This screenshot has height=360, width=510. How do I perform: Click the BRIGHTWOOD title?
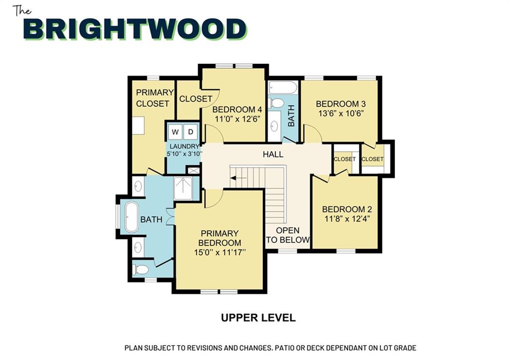tap(135, 29)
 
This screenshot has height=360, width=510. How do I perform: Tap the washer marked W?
tap(175, 132)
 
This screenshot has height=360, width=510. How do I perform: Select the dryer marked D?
tap(191, 132)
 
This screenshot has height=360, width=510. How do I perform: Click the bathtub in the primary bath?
tap(131, 217)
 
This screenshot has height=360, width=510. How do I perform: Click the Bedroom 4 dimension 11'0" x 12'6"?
tap(238, 119)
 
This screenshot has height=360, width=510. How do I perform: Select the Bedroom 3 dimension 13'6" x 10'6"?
tap(341, 114)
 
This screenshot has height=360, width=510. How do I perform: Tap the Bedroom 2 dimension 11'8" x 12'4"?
tap(347, 219)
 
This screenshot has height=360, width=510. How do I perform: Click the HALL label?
tap(273, 154)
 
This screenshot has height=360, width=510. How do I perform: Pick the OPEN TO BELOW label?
tap(287, 235)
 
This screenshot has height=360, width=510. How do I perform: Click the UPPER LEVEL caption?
tap(258, 318)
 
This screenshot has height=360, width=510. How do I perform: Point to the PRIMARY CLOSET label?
tap(154, 98)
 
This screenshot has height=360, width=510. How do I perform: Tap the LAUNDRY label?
tap(184, 146)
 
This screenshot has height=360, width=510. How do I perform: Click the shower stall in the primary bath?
tap(183, 188)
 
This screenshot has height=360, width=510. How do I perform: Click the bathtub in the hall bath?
tap(283, 88)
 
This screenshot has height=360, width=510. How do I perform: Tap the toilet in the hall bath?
tap(277, 103)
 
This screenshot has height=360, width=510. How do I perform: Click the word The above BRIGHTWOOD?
tap(22, 11)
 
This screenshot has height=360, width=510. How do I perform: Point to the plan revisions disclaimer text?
tap(270, 348)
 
